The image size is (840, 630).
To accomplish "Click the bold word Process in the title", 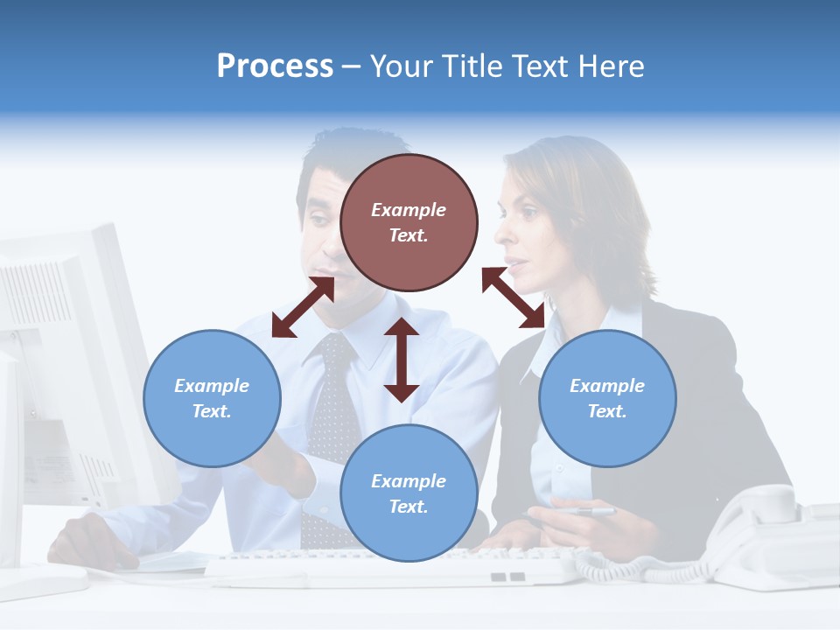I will pos(275,66).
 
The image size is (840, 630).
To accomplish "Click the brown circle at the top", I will pos(409,222).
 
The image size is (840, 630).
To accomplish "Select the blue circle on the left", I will pos(212,398).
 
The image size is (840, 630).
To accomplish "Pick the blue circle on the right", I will pos(607,398).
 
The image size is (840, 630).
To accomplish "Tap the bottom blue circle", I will pos(409,493).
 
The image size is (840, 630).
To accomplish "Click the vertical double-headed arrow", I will pos(402,360).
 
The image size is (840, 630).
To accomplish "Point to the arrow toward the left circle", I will pos(303,307).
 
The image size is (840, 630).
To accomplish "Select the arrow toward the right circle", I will pos(514,297).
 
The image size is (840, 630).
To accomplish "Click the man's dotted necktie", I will pos(330,411).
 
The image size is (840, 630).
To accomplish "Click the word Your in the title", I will pos(403,66).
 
